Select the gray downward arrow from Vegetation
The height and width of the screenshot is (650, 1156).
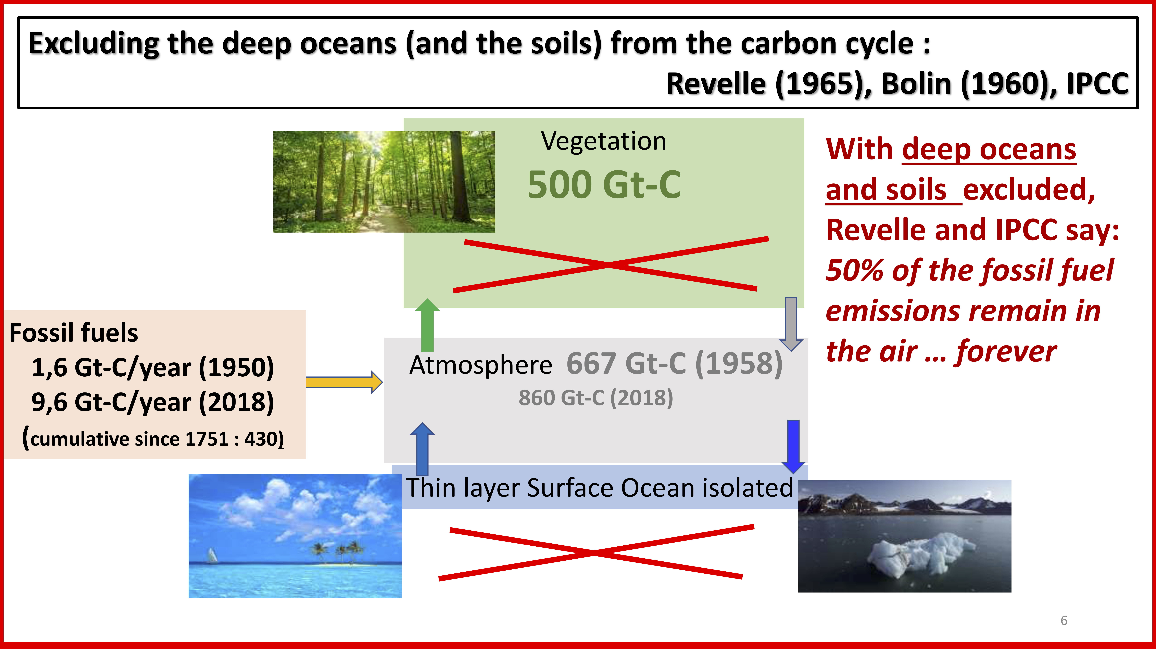coord(791,324)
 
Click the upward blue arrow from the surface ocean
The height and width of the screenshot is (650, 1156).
coord(422,449)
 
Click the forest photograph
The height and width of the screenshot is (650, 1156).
coord(384,182)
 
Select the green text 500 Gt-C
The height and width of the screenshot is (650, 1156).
coord(604,184)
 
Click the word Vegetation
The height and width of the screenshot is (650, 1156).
coord(604,141)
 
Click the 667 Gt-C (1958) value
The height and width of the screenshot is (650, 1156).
coord(675,363)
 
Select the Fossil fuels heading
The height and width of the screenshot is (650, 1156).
coord(74,333)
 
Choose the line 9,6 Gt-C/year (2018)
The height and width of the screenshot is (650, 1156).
coord(153,402)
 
